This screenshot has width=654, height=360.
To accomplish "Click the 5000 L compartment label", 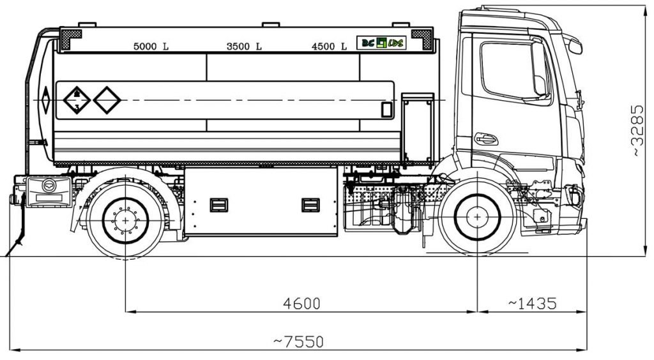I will coord(151,46).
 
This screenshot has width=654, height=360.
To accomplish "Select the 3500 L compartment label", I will coord(244,46).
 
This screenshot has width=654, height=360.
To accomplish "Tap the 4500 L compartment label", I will coord(329,46).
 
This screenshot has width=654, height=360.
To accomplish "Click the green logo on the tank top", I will coord(381,43).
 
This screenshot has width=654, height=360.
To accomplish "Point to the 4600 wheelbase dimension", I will coord(301,304).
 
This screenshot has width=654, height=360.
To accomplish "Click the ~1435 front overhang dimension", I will coord(533,304).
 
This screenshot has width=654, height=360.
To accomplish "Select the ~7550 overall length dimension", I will coord(298,342).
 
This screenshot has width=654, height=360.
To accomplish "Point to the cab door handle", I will coord(485,139).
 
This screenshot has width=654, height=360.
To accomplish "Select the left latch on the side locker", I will coord(218,205).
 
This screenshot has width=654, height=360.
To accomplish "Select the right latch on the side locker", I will coord(310,205).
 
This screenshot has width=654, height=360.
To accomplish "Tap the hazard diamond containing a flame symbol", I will coord(77,100).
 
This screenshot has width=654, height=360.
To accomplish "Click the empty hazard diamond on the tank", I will coord(107,100).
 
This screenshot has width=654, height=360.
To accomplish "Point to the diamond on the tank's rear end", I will coord(45,100).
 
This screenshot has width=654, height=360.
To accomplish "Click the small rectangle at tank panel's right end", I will coord(386,109).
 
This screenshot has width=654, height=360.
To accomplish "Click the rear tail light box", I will coord(49,190).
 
